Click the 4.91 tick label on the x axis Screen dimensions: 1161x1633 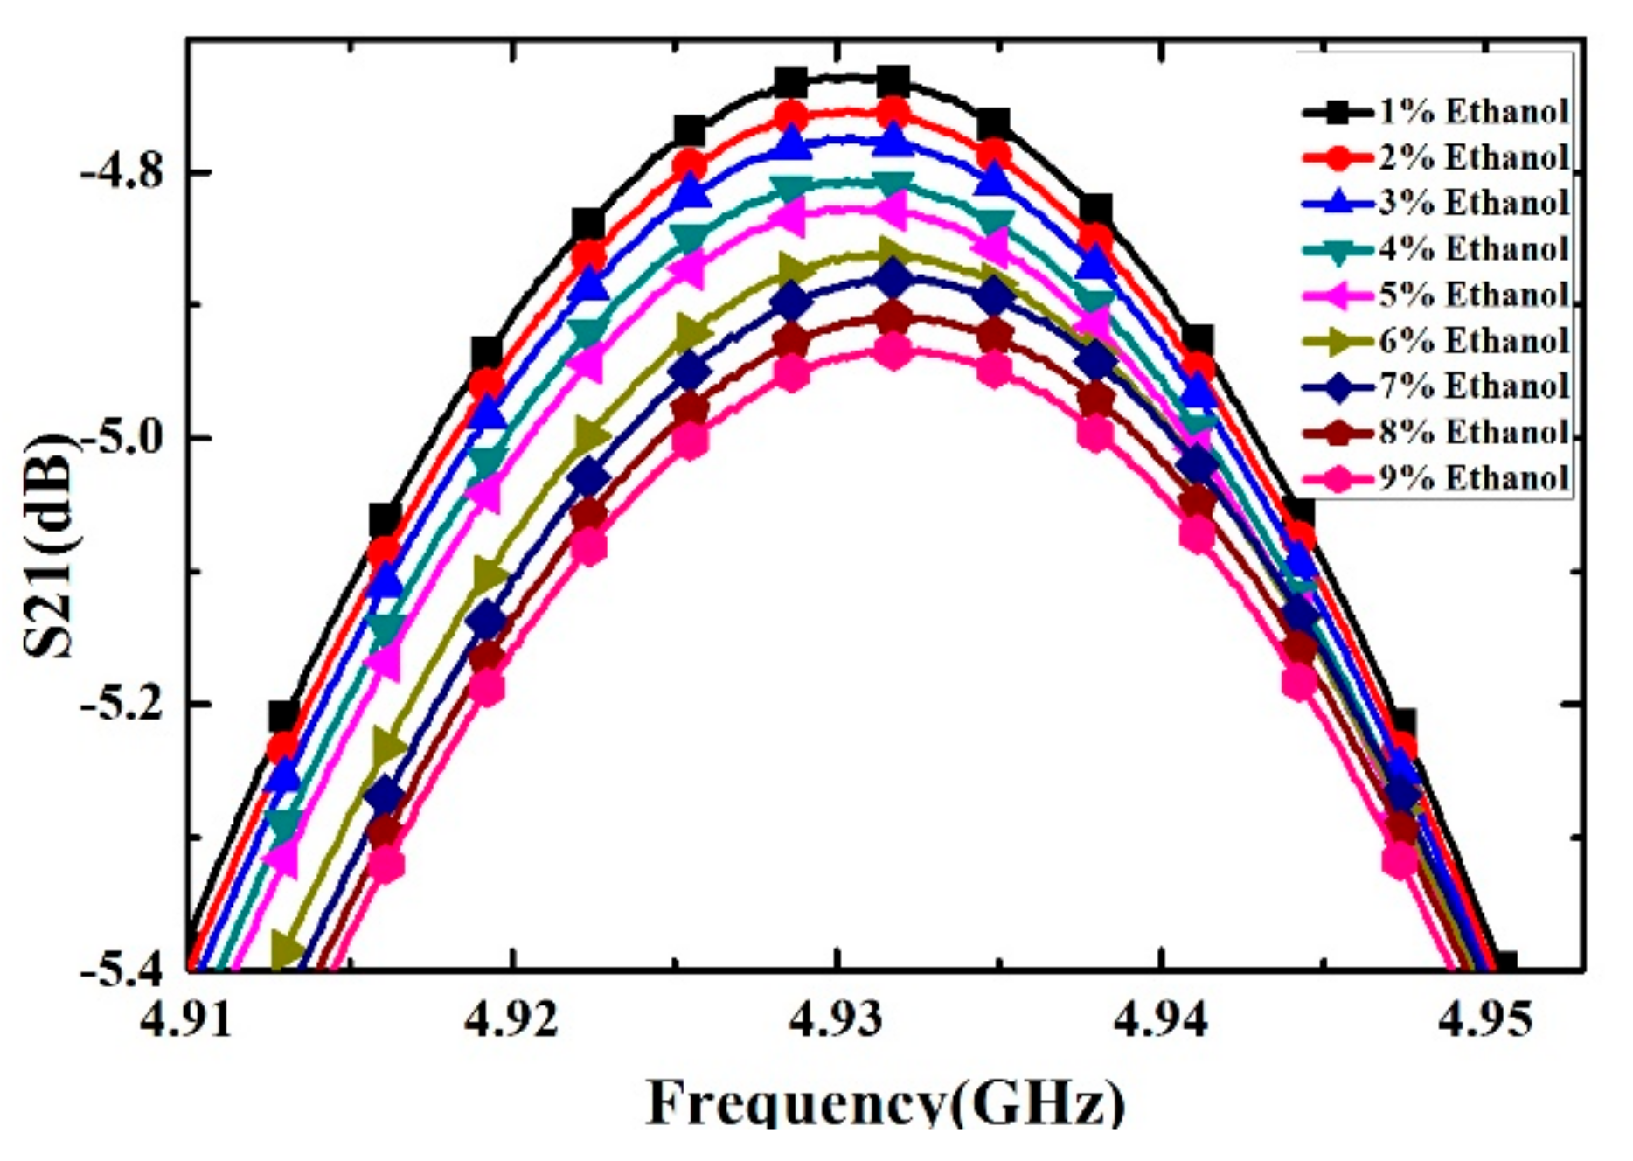click(x=187, y=1019)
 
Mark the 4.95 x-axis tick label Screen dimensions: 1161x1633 click(x=1487, y=1019)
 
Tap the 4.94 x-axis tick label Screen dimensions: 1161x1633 click(x=1162, y=1019)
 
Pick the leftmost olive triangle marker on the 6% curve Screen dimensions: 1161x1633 click(x=287, y=949)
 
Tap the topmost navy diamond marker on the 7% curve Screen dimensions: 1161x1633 click(x=893, y=280)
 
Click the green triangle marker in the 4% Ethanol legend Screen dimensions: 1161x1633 click(x=1337, y=249)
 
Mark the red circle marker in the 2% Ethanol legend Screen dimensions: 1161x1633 click(x=1337, y=157)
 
